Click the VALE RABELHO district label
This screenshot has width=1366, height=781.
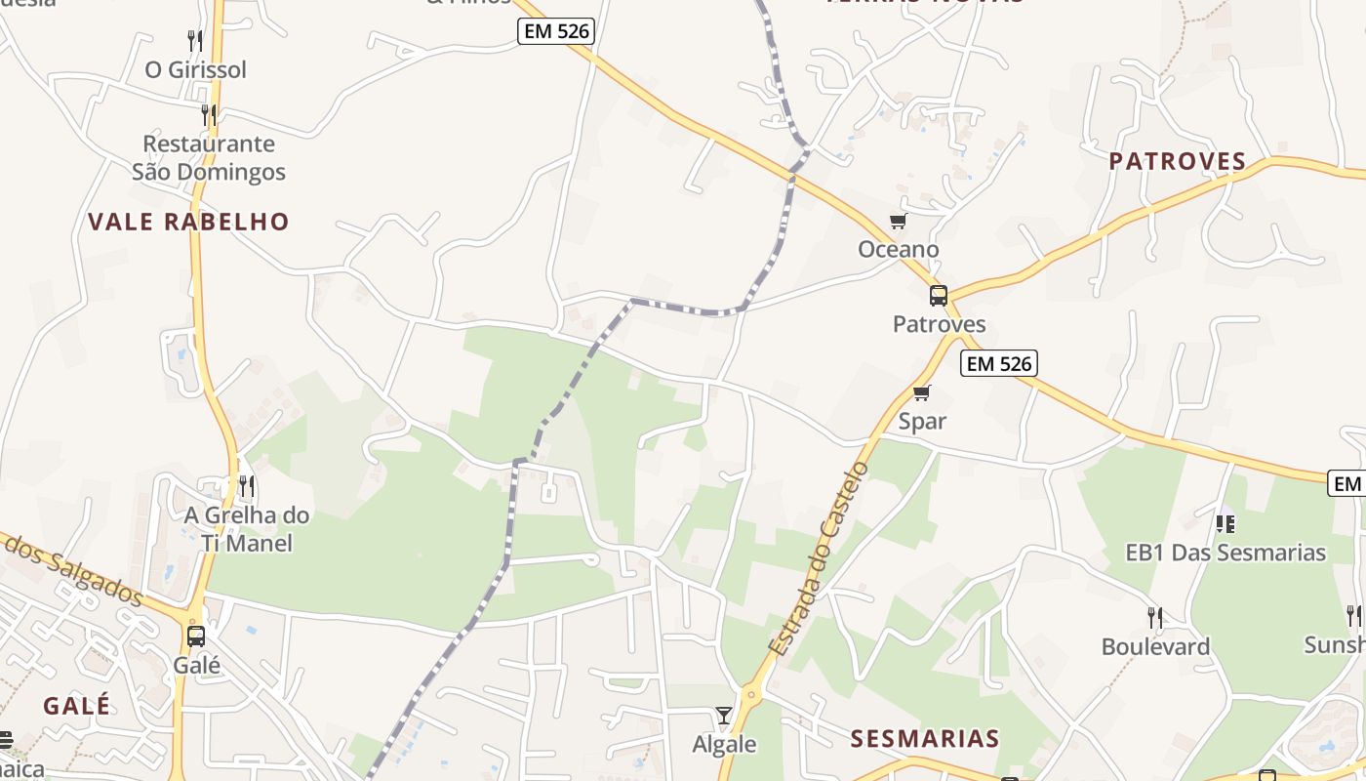click(x=188, y=222)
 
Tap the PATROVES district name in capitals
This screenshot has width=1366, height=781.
click(x=1178, y=161)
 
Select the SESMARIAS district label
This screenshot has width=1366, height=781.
click(x=924, y=738)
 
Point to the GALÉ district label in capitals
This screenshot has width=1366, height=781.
click(x=77, y=705)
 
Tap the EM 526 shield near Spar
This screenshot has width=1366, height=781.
click(x=998, y=363)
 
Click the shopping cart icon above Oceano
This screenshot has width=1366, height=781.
click(x=898, y=222)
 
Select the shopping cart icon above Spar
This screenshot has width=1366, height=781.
click(x=922, y=393)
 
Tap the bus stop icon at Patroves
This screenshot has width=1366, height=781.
click(x=939, y=296)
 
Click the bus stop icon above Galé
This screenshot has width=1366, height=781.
click(x=196, y=637)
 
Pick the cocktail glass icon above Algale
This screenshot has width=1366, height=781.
click(x=723, y=716)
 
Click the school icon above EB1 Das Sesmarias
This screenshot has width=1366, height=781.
click(x=1225, y=524)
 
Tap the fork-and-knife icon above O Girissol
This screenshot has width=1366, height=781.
click(x=195, y=41)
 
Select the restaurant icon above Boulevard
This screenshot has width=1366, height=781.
click(x=1155, y=617)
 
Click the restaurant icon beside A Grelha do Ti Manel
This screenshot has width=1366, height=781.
click(x=247, y=485)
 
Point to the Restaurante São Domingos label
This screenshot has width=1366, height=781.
click(x=209, y=158)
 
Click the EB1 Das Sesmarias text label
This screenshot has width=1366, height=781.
click(x=1225, y=553)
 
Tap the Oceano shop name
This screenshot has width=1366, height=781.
click(x=898, y=250)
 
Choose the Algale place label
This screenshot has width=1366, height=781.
click(x=724, y=744)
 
